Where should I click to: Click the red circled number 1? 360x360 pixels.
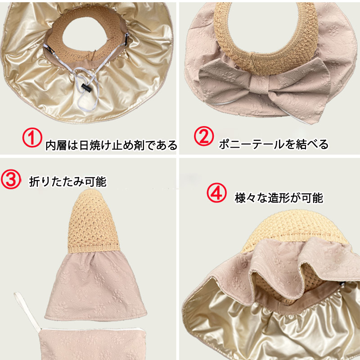(32, 137)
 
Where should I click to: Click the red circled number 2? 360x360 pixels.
(204, 136)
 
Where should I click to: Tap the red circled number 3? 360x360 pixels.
(11, 179)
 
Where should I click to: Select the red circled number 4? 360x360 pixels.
(216, 193)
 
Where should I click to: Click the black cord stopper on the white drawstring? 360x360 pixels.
(86, 87)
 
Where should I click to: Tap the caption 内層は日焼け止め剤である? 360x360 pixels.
(111, 145)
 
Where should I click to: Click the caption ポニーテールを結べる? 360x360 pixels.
(274, 144)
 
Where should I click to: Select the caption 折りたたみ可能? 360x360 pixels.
(68, 182)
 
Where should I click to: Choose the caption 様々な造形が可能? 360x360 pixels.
(279, 198)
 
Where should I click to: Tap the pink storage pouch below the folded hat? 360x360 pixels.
(92, 344)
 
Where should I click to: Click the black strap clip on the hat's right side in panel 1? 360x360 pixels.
(127, 36)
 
